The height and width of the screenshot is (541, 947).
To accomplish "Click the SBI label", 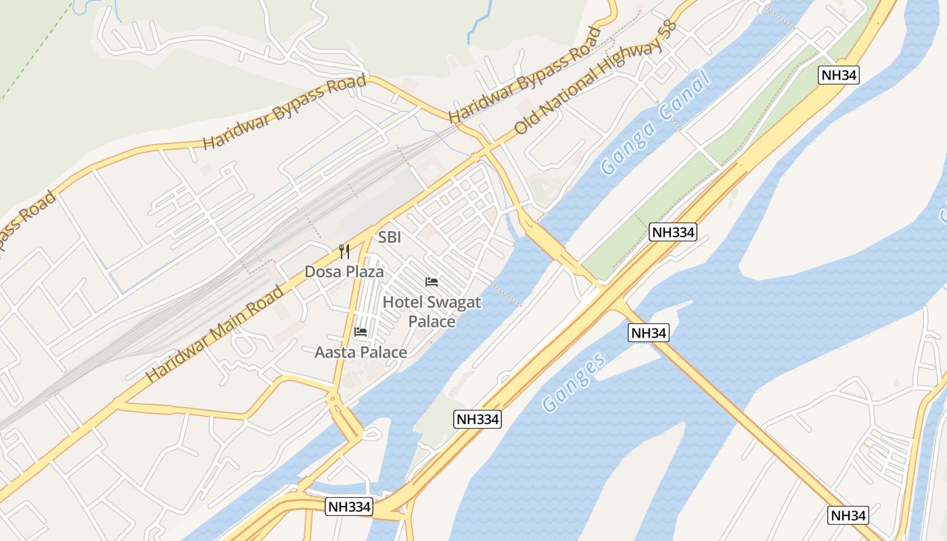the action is pyautogui.click(x=390, y=237).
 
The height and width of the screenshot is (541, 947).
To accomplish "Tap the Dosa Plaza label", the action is pyautogui.click(x=344, y=272).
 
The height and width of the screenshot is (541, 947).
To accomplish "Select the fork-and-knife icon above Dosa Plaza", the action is pyautogui.click(x=344, y=252).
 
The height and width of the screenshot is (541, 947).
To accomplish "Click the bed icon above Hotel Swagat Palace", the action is pyautogui.click(x=432, y=282).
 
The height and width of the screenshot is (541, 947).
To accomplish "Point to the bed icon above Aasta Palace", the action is pyautogui.click(x=361, y=332).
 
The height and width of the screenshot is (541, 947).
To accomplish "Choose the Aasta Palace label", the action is pyautogui.click(x=361, y=352).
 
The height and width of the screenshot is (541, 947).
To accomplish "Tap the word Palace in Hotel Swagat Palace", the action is pyautogui.click(x=432, y=321).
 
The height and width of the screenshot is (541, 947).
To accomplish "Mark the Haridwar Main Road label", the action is pyautogui.click(x=215, y=334).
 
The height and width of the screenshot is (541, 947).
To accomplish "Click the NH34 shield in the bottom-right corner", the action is pyautogui.click(x=848, y=515).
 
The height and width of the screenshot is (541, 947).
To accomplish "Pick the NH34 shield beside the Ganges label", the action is pyautogui.click(x=649, y=333).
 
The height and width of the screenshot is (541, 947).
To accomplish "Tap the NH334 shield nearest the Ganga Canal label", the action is pyautogui.click(x=672, y=233).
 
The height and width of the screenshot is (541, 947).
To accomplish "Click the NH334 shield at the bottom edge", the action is pyautogui.click(x=349, y=507).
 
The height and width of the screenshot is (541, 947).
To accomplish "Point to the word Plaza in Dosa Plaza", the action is pyautogui.click(x=365, y=272).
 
